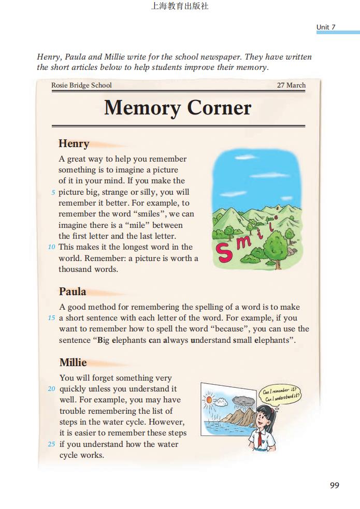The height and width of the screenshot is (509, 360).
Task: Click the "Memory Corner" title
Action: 178,108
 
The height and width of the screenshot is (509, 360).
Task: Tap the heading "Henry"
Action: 74,143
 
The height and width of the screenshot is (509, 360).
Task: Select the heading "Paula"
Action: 73,291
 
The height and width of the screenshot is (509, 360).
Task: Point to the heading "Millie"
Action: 73,362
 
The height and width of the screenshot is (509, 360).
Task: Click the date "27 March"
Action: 291,85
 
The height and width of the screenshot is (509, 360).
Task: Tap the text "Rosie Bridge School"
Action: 81,85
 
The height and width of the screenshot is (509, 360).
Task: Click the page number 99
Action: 334,485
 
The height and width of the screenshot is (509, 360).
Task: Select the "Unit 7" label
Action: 326,27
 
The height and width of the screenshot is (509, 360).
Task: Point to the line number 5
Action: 53,193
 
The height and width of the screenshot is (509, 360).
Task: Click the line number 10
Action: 51,247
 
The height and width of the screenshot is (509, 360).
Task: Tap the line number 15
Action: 51,318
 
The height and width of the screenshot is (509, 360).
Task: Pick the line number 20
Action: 51,389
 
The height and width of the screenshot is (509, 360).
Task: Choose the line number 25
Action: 51,444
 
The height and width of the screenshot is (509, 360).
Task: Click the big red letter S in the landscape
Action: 225,252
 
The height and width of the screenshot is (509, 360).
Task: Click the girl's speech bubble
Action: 281,395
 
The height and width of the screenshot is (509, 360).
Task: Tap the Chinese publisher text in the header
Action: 179,7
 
